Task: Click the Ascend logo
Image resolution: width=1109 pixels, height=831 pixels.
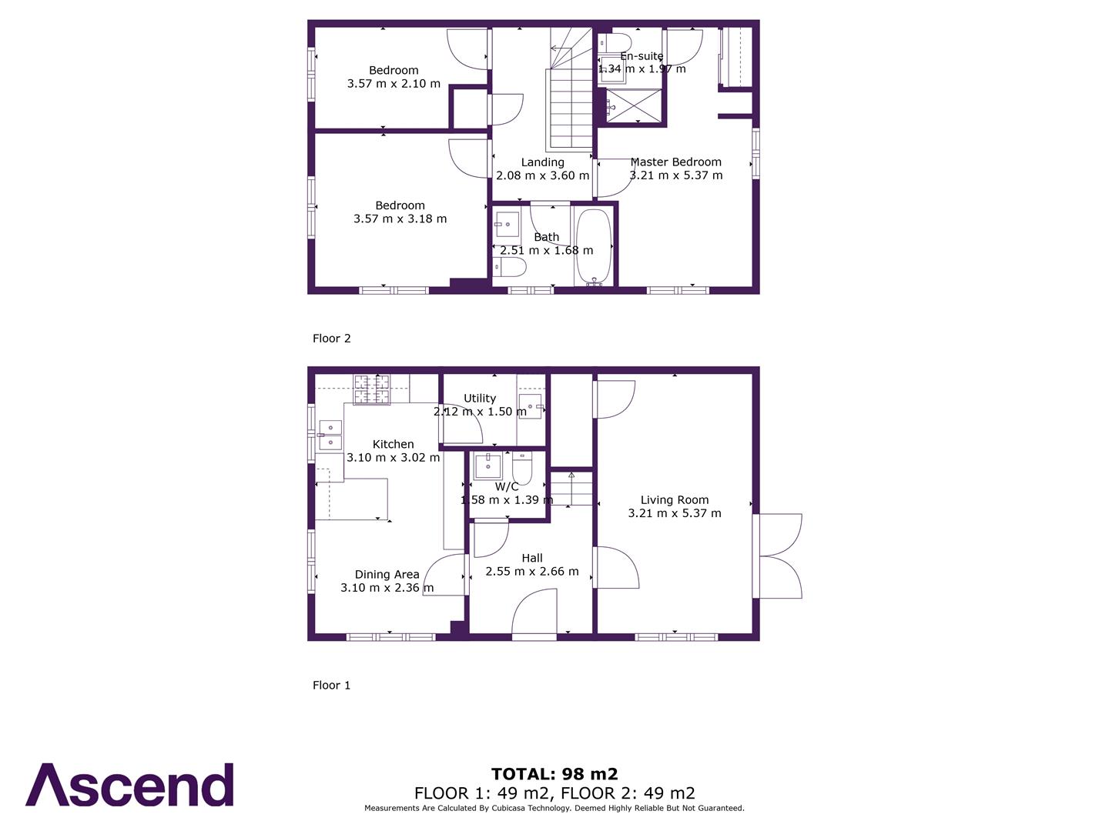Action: click(x=129, y=785)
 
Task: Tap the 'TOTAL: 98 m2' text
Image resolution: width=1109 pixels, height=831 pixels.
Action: click(x=554, y=774)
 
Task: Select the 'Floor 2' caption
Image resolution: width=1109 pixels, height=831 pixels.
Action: click(x=331, y=339)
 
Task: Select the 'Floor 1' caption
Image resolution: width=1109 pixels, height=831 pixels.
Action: click(x=331, y=686)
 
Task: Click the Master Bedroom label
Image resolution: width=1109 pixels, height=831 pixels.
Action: click(x=675, y=162)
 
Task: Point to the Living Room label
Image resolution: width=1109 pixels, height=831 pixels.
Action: click(x=674, y=500)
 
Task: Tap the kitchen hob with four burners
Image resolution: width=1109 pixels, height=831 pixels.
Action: click(x=371, y=389)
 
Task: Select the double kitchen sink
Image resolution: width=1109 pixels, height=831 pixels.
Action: click(x=330, y=435)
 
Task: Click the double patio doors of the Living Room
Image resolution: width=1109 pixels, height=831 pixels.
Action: click(x=779, y=556)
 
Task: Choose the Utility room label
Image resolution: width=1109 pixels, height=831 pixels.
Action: click(x=479, y=399)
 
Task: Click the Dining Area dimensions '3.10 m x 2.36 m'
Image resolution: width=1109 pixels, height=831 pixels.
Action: click(x=387, y=588)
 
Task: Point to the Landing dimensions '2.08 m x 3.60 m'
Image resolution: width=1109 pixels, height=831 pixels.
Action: click(x=542, y=175)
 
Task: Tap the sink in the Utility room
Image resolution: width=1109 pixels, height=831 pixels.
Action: click(x=530, y=405)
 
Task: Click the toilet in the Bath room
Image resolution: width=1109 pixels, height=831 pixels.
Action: click(x=510, y=267)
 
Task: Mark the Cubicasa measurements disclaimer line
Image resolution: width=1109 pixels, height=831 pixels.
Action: click(x=554, y=808)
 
